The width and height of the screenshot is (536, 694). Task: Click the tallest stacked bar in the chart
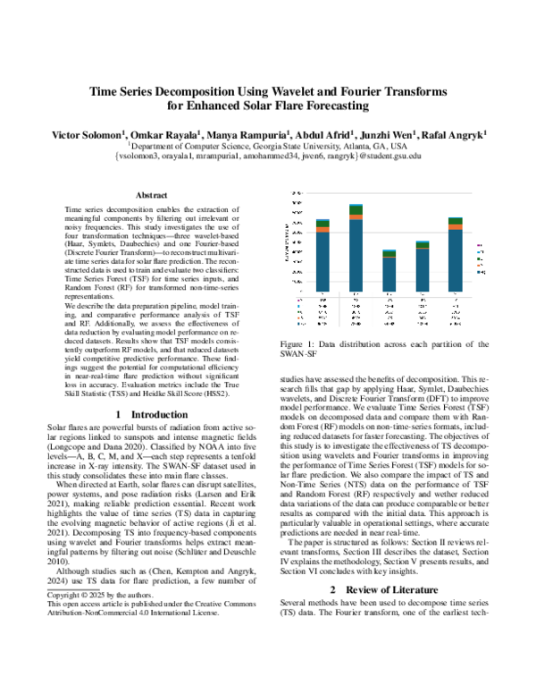[x=356, y=250]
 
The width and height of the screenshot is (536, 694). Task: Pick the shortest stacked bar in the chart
[x=389, y=273]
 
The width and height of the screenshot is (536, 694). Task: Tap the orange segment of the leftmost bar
[x=322, y=230]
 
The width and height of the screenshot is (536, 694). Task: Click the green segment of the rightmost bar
[x=455, y=220]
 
